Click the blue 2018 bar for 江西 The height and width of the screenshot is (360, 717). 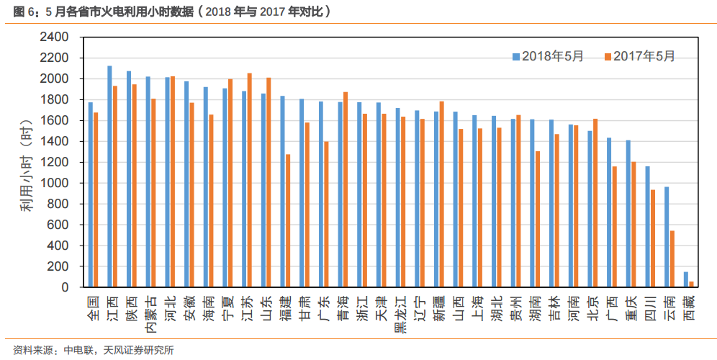tap(109, 176)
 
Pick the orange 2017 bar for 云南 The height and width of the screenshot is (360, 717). tap(672, 258)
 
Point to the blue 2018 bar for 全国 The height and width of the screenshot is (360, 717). tap(90, 194)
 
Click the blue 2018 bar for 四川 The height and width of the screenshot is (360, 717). tap(647, 227)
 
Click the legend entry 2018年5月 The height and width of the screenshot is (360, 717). tap(548, 56)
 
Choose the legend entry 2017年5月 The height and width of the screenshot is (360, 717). tap(639, 56)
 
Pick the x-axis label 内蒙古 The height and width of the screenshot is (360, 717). tap(150, 314)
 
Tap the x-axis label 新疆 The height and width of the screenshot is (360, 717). tap(438, 307)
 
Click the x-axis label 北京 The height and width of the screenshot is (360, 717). tap(592, 307)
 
